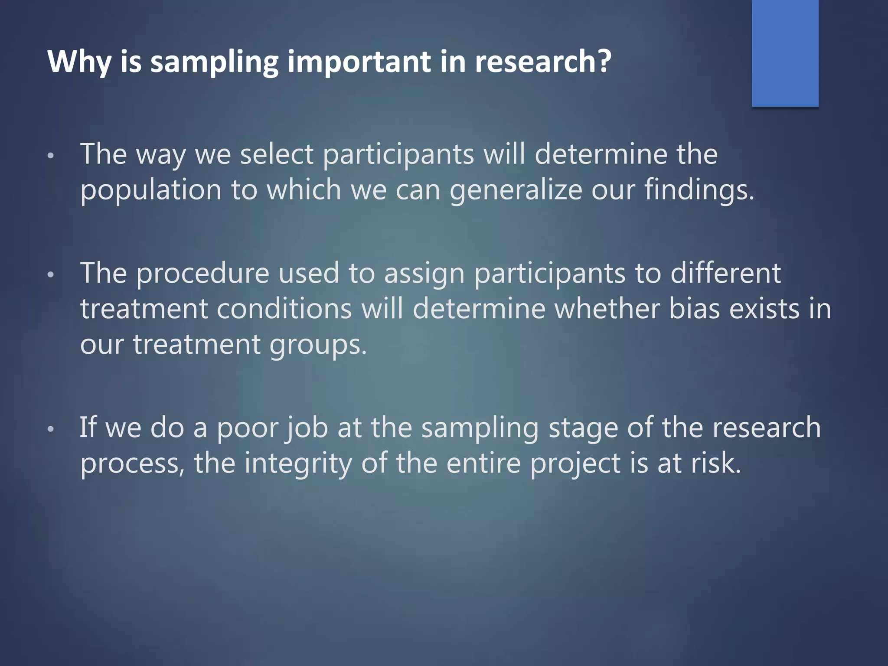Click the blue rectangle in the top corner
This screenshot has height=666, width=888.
[785, 53]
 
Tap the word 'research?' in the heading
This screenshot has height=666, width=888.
[543, 62]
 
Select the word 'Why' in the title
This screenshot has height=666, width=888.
[79, 62]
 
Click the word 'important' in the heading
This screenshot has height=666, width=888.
[359, 62]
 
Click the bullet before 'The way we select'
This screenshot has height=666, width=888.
[51, 156]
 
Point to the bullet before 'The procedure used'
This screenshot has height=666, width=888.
[51, 274]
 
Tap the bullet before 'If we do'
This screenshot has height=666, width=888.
[51, 429]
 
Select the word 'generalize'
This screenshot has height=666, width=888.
[516, 191]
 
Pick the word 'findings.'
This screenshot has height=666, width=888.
[699, 191]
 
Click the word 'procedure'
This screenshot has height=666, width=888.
[203, 274]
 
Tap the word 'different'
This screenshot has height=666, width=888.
[725, 274]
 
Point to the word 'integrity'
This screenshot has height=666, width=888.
[298, 464]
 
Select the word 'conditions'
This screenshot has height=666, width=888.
[284, 309]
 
